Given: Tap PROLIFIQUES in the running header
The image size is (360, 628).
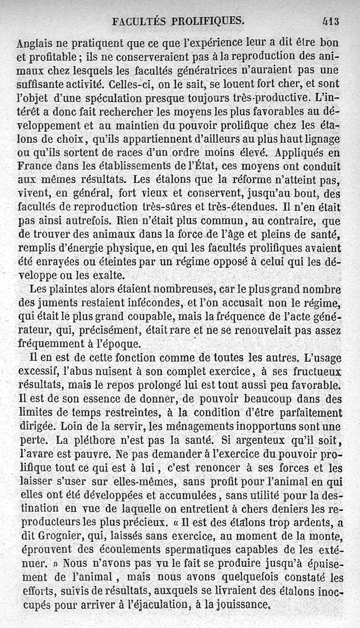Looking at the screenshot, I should pyautogui.click(x=207, y=21).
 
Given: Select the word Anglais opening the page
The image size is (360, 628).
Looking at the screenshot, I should pyautogui.click(x=35, y=44).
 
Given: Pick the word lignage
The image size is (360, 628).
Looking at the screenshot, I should pyautogui.click(x=321, y=139).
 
